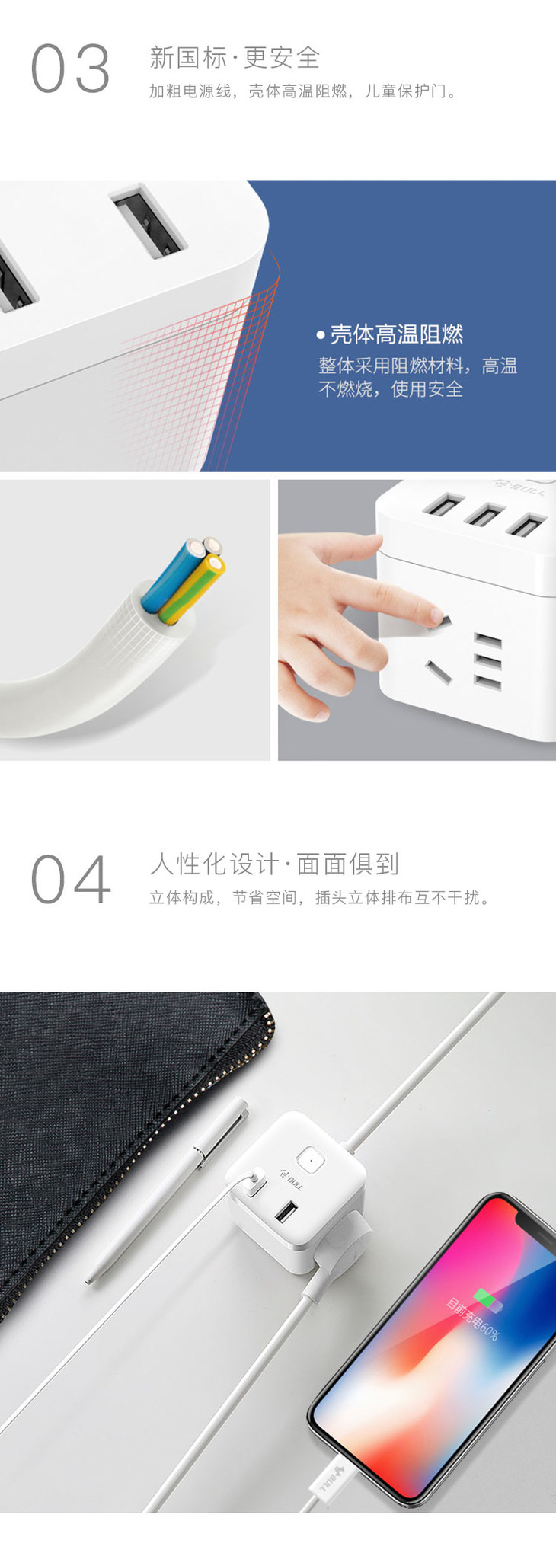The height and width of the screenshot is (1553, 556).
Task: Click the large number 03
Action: [x=70, y=69]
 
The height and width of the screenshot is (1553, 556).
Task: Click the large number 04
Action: [x=70, y=879]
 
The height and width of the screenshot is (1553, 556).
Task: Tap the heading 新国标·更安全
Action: [x=235, y=58]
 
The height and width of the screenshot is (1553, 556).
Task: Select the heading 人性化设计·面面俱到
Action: [x=274, y=864]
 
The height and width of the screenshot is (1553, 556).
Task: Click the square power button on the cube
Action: [x=309, y=1160]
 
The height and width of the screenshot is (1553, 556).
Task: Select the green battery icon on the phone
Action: [x=488, y=1299]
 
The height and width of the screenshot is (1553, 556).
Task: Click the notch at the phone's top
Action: [x=529, y=1222]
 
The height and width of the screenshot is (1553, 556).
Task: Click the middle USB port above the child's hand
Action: [x=484, y=515]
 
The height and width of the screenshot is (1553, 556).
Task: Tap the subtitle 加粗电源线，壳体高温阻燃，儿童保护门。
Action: [x=303, y=91]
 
